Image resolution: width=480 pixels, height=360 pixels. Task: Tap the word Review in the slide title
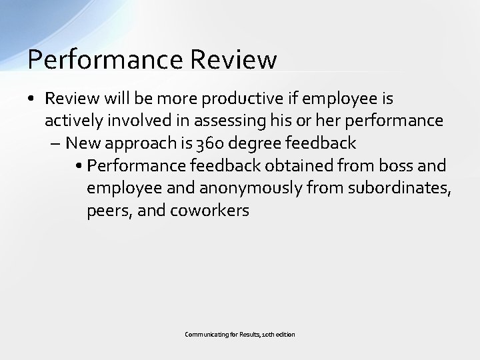(233, 60)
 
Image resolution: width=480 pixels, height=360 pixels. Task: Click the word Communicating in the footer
(206, 333)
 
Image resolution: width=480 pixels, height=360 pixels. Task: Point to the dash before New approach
(56, 143)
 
